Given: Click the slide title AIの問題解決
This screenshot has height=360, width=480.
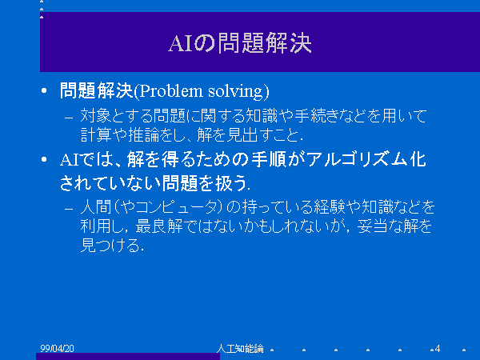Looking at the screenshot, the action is tap(240, 43).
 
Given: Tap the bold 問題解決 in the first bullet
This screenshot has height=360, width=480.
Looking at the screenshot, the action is tap(97, 90).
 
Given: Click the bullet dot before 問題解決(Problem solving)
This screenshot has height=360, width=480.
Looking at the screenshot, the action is tap(44, 90).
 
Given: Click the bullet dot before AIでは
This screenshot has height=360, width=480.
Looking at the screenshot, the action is tap(44, 159).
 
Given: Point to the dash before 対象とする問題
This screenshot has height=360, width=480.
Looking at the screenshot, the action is tap(69, 118).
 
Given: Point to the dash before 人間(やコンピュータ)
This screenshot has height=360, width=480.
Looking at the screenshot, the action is tap(69, 209).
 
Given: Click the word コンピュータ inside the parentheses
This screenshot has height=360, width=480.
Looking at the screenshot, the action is tap(177, 207).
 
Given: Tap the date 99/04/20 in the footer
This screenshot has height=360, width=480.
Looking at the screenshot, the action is tap(57, 348).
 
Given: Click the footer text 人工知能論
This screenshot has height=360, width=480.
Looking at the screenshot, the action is tap(240, 348).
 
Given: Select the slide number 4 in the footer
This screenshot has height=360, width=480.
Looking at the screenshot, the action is tap(438, 348).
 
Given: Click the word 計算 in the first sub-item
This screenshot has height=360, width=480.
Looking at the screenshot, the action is tap(96, 134).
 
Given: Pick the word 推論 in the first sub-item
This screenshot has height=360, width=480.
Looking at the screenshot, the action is tap(143, 134).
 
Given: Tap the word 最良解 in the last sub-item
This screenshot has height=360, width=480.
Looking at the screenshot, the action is tap(159, 226).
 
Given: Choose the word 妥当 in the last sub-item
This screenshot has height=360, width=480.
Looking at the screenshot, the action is tap(372, 226).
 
